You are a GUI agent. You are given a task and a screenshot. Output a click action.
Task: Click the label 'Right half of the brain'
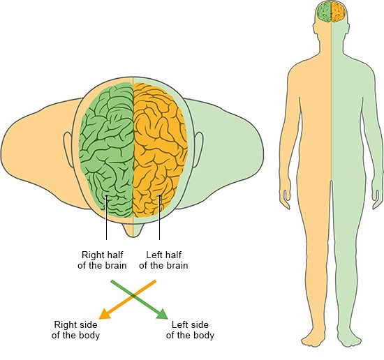tap(102, 260)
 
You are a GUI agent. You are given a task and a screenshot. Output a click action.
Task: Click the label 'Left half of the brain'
tap(163, 260)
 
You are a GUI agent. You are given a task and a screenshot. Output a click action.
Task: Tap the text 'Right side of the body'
tap(75, 330)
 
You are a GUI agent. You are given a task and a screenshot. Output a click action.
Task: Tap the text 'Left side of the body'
tap(190, 330)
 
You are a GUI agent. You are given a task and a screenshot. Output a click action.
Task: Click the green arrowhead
tap(163, 315)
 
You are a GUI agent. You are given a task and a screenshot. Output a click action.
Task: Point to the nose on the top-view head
tap(133, 230)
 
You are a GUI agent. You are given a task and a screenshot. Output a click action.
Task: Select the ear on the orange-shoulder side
tap(68, 150)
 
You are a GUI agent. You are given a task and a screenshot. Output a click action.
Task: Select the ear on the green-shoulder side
tap(198, 150)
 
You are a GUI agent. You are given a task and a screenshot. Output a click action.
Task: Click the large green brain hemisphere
tap(108, 150)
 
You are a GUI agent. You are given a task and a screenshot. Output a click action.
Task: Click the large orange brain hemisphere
tap(160, 150)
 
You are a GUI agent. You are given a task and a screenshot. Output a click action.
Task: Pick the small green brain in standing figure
tap(325, 12)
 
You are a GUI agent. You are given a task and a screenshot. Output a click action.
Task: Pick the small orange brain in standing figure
tap(338, 12)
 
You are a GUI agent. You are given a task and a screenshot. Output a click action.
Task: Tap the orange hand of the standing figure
tap(285, 199)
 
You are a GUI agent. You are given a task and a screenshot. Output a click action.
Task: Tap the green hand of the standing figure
tap(377, 199)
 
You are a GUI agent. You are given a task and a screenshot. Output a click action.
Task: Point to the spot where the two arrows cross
tap(133, 296)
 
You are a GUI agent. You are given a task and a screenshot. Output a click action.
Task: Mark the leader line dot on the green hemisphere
tap(106, 195)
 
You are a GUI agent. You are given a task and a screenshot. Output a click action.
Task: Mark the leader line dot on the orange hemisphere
tap(159, 195)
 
